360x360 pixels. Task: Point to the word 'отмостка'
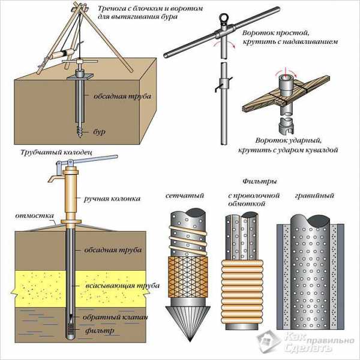click(x=35, y=215)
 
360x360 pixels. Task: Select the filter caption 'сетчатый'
click(x=183, y=196)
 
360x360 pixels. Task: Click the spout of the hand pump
click(x=52, y=180)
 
